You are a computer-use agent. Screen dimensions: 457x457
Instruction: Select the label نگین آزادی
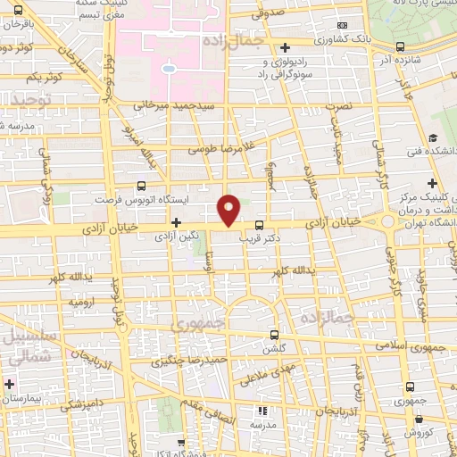point(177,238)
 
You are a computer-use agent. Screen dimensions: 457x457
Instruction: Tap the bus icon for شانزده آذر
point(399,46)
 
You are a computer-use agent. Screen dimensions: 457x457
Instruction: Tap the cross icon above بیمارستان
point(9,386)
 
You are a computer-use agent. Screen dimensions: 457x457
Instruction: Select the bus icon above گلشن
point(276,334)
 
